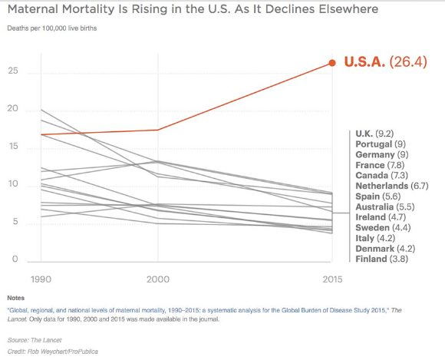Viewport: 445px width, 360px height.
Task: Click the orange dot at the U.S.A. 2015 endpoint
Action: [332, 63]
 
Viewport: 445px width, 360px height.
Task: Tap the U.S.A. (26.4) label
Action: [385, 61]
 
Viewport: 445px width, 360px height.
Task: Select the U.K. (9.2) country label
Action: [374, 134]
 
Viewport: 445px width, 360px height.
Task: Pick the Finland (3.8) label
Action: [382, 259]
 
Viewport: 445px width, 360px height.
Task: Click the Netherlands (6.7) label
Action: [392, 186]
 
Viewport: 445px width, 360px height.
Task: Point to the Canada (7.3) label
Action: [382, 175]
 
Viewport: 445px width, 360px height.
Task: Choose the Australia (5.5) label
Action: [385, 206]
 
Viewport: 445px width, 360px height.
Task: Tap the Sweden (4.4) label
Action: [383, 227]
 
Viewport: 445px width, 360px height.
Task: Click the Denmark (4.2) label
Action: [385, 249]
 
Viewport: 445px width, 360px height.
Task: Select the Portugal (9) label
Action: [381, 144]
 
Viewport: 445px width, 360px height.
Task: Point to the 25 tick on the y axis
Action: [13, 71]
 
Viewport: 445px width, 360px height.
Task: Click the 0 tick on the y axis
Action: [15, 259]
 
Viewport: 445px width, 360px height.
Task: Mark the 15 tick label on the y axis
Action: [13, 146]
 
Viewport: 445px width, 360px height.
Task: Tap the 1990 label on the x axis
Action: [41, 279]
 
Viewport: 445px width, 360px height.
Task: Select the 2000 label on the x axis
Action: [158, 279]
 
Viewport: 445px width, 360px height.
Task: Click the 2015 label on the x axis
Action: [332, 279]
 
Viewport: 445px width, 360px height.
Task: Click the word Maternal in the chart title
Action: [33, 9]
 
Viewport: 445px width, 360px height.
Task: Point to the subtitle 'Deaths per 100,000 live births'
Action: [52, 28]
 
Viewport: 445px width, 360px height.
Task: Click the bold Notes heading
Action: [16, 298]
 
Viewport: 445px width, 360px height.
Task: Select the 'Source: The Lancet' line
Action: [35, 340]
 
